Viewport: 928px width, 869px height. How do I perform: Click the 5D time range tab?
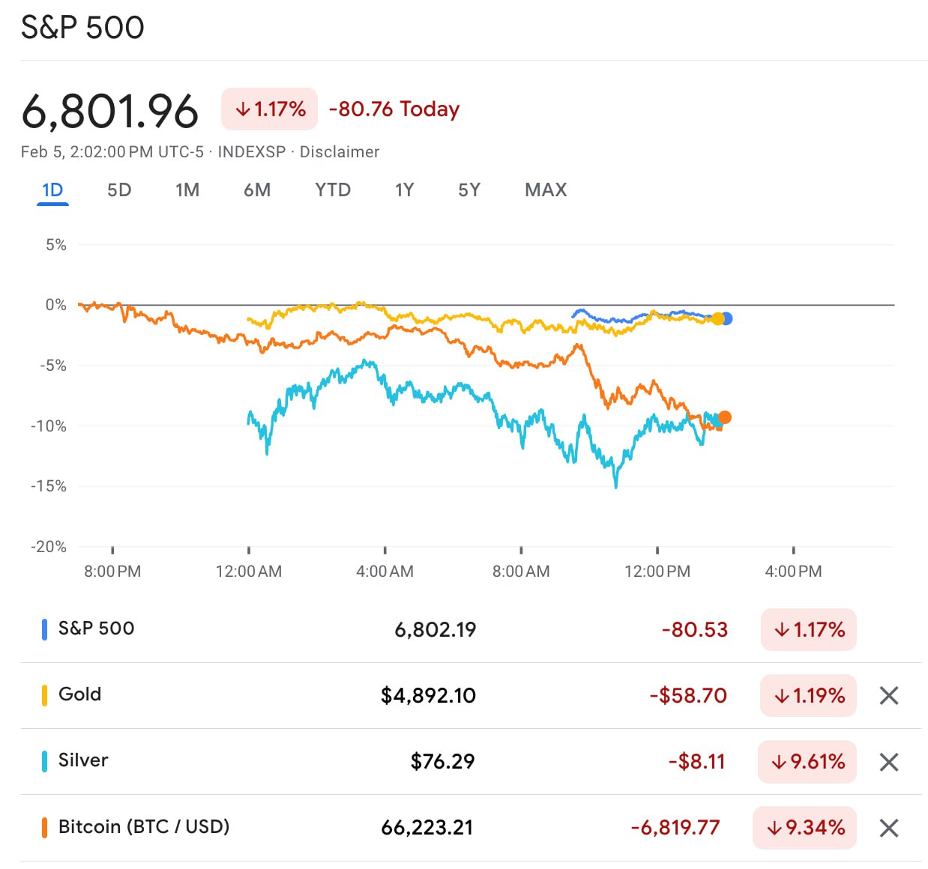(x=119, y=190)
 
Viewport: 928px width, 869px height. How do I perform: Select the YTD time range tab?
(x=333, y=190)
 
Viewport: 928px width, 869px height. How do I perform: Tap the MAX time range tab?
(x=546, y=190)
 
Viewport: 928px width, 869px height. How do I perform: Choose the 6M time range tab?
(x=257, y=190)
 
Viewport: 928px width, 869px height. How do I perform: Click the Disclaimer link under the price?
(x=340, y=152)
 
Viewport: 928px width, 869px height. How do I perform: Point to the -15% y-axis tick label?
(x=49, y=486)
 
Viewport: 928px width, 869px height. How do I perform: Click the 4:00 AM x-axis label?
(x=385, y=572)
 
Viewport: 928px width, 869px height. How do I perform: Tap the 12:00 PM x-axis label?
(x=657, y=572)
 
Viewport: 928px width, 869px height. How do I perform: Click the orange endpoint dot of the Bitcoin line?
(x=724, y=417)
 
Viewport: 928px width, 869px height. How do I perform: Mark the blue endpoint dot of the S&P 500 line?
(x=726, y=318)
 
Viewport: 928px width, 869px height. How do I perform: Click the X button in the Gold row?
(x=889, y=696)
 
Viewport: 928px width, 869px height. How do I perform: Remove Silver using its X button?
(x=889, y=762)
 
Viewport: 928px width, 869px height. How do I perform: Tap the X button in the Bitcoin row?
(x=889, y=828)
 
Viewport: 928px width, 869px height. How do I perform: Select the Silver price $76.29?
(x=442, y=762)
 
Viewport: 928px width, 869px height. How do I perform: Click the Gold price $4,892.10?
(x=428, y=696)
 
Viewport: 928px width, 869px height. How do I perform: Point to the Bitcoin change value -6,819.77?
(x=675, y=828)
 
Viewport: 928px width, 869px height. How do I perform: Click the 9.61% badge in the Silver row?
(x=807, y=762)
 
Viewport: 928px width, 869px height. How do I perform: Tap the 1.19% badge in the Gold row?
(x=808, y=696)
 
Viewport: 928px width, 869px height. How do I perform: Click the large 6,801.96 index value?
(x=109, y=112)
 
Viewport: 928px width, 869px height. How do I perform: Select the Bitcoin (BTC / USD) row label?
(x=144, y=827)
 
